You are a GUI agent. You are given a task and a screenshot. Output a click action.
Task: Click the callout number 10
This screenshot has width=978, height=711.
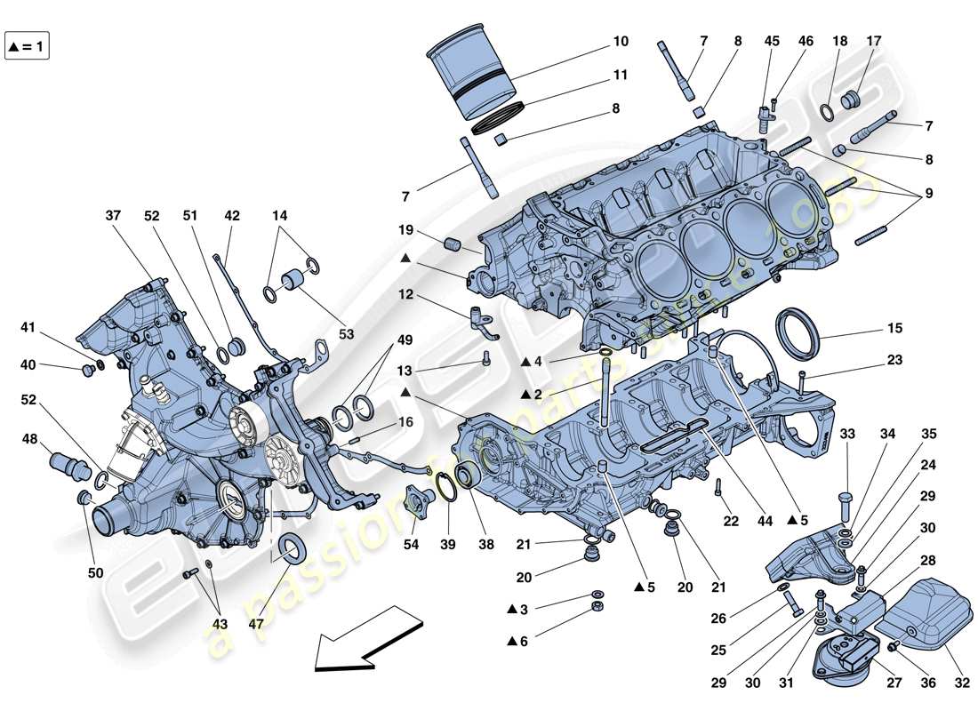[620, 41]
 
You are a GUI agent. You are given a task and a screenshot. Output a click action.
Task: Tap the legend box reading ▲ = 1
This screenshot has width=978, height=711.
[28, 46]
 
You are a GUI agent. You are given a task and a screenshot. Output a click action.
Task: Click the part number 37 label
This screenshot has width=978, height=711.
[113, 216]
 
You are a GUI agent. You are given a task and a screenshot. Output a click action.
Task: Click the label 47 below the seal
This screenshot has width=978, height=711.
[257, 624]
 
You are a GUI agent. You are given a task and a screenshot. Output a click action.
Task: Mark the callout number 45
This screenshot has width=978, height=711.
[771, 41]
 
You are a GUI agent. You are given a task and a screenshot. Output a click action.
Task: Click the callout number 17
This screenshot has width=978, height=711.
[874, 41]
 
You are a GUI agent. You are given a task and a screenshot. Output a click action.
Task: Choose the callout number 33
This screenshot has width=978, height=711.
[846, 434]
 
